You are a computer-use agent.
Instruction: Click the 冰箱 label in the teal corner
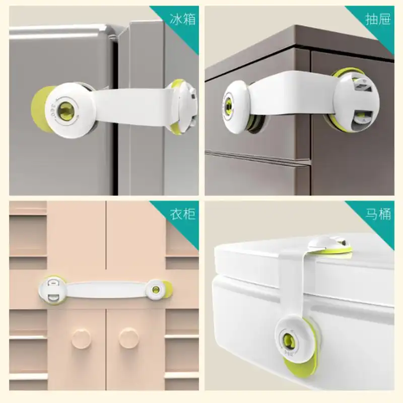click(x=183, y=19)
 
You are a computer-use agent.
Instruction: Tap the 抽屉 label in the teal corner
click(x=378, y=19)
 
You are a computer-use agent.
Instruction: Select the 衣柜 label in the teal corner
click(x=183, y=214)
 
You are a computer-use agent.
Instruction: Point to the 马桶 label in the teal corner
click(x=378, y=214)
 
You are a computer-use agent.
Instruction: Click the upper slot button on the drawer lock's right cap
click(x=363, y=86)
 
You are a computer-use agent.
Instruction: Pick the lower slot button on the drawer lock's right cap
click(x=363, y=117)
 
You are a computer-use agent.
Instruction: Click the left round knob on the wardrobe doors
click(x=81, y=337)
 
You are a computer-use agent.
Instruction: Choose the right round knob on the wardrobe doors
click(x=128, y=337)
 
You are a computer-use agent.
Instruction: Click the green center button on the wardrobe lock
click(x=156, y=290)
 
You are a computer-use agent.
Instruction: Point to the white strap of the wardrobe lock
click(x=106, y=290)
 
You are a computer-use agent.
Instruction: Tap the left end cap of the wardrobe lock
click(x=53, y=290)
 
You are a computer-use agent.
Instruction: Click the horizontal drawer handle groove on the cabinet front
click(x=257, y=159)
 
